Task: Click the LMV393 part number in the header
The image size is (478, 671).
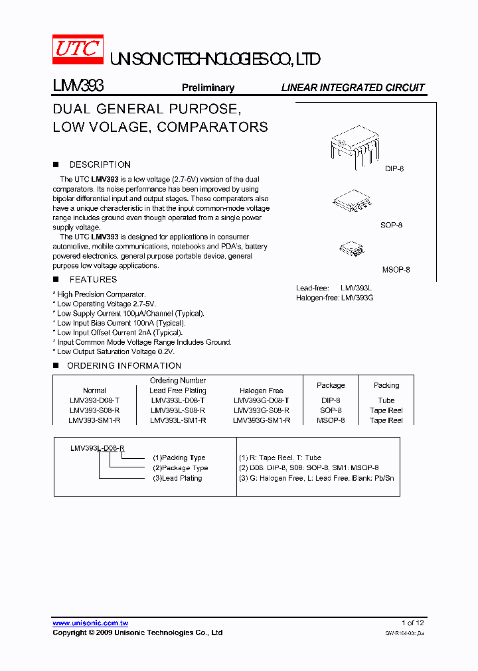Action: [x=77, y=86]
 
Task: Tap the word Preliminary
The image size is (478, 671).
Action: [x=208, y=88]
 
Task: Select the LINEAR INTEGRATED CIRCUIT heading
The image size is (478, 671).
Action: [x=353, y=88]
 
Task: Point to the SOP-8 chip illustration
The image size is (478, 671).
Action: [x=352, y=202]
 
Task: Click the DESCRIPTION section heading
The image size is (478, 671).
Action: [x=100, y=164]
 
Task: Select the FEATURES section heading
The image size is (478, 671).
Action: [x=93, y=280]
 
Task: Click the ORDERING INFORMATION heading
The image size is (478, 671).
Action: [x=124, y=366]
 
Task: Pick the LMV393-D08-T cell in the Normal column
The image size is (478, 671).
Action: [x=94, y=400]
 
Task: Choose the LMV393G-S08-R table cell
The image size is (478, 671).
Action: [x=262, y=410]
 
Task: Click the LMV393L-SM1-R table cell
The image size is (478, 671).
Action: [x=178, y=420]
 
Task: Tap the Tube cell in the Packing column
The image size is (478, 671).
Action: [x=386, y=400]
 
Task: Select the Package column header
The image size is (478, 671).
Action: [x=331, y=385]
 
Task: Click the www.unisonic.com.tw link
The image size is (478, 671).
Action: [x=90, y=623]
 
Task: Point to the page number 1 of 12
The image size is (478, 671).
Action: [x=412, y=623]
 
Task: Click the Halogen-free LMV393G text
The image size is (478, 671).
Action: [x=335, y=298]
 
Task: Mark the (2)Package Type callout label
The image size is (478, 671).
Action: [x=180, y=468]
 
